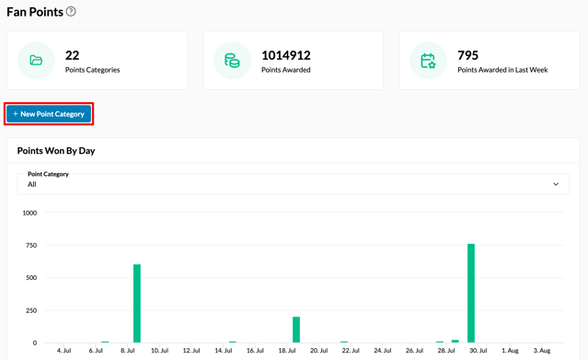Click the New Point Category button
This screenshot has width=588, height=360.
pyautogui.click(x=49, y=114)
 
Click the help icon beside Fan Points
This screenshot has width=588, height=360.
pyautogui.click(x=71, y=12)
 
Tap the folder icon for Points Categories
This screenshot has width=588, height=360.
pyautogui.click(x=36, y=60)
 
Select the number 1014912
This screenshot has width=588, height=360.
pyautogui.click(x=286, y=55)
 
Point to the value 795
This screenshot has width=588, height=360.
pyautogui.click(x=467, y=55)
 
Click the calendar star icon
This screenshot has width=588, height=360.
pyautogui.click(x=428, y=61)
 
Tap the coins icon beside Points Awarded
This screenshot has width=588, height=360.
pyautogui.click(x=232, y=61)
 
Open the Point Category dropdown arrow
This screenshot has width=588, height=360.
pyautogui.click(x=556, y=184)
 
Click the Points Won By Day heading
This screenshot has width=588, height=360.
pyautogui.click(x=56, y=150)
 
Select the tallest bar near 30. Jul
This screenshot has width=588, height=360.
pyautogui.click(x=471, y=293)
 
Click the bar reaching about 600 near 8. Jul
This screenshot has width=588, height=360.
pyautogui.click(x=137, y=303)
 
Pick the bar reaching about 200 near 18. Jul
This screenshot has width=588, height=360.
pyautogui.click(x=296, y=330)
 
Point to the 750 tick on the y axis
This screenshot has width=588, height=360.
pyautogui.click(x=31, y=245)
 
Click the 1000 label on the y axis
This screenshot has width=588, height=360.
pyautogui.click(x=29, y=213)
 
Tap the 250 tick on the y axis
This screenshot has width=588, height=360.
pyautogui.click(x=31, y=310)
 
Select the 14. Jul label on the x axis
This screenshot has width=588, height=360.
pyautogui.click(x=223, y=350)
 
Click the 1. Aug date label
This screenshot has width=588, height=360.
pyautogui.click(x=510, y=350)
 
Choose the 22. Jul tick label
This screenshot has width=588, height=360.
pyautogui.click(x=351, y=350)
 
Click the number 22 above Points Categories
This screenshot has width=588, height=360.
pyautogui.click(x=72, y=55)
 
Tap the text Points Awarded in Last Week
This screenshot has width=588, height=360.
pyautogui.click(x=502, y=70)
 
